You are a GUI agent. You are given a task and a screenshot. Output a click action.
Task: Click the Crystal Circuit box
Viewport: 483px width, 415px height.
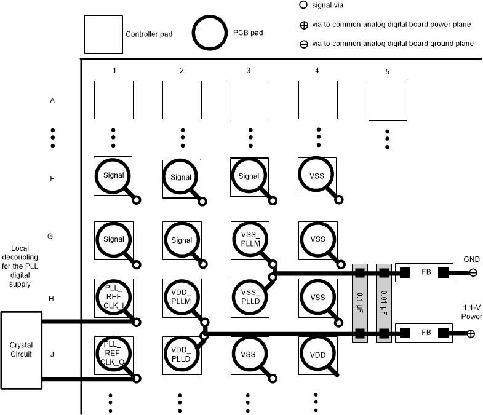click(x=22, y=350)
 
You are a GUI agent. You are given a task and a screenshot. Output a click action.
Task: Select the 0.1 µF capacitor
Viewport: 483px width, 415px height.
click(x=359, y=303)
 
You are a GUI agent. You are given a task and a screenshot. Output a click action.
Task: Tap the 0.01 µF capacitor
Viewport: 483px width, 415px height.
click(x=384, y=303)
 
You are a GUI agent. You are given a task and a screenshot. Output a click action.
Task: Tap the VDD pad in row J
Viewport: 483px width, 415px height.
click(x=317, y=355)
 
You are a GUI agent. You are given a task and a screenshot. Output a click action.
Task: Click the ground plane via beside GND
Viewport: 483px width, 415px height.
click(x=473, y=272)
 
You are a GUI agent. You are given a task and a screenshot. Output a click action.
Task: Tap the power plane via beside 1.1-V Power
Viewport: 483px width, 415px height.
click(x=471, y=334)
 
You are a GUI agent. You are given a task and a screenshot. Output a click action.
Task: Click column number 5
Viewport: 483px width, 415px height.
click(x=387, y=71)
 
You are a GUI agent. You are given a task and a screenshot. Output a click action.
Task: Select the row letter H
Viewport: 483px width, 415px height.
click(x=52, y=298)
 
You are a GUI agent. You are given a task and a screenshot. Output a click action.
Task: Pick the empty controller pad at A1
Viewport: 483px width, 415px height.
click(x=114, y=100)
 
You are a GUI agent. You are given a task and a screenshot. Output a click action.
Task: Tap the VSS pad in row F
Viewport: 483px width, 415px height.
click(x=317, y=176)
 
